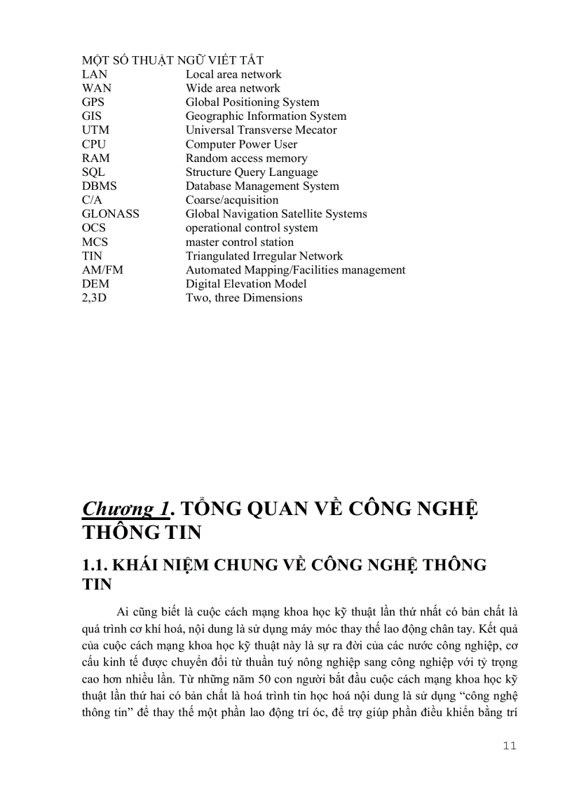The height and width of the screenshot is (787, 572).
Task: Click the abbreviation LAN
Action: [x=95, y=74]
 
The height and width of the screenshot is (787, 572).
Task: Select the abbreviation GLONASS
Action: [x=110, y=214]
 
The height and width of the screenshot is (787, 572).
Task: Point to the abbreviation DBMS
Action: [x=99, y=186]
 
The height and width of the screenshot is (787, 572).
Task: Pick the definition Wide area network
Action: [x=233, y=88]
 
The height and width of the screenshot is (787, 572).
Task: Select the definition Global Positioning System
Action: [x=252, y=102]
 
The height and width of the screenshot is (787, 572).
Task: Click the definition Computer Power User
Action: [x=241, y=144]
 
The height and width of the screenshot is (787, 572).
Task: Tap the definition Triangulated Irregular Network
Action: [x=264, y=256]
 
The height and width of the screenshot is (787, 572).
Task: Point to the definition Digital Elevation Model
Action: [x=246, y=284]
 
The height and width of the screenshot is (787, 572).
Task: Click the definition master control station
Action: [x=240, y=242]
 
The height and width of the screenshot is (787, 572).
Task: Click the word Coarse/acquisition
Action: [x=232, y=200]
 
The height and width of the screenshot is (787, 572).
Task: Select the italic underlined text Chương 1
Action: [x=125, y=509]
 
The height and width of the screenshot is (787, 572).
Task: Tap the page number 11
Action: [x=510, y=746]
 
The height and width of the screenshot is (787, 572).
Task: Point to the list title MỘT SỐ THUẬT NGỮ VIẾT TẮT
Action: [x=172, y=60]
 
